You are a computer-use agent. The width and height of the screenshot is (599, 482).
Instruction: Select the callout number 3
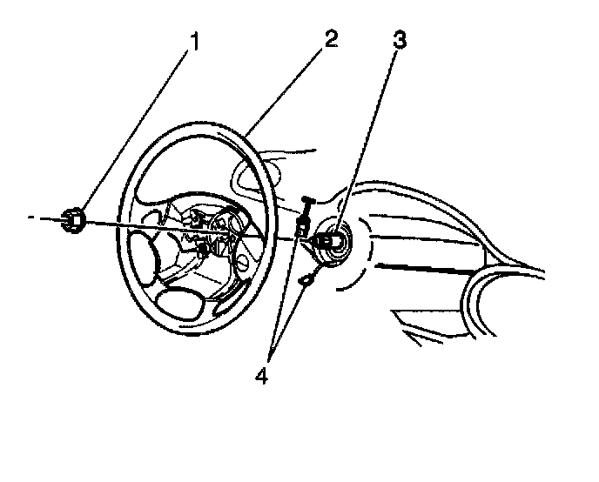(x=398, y=39)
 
